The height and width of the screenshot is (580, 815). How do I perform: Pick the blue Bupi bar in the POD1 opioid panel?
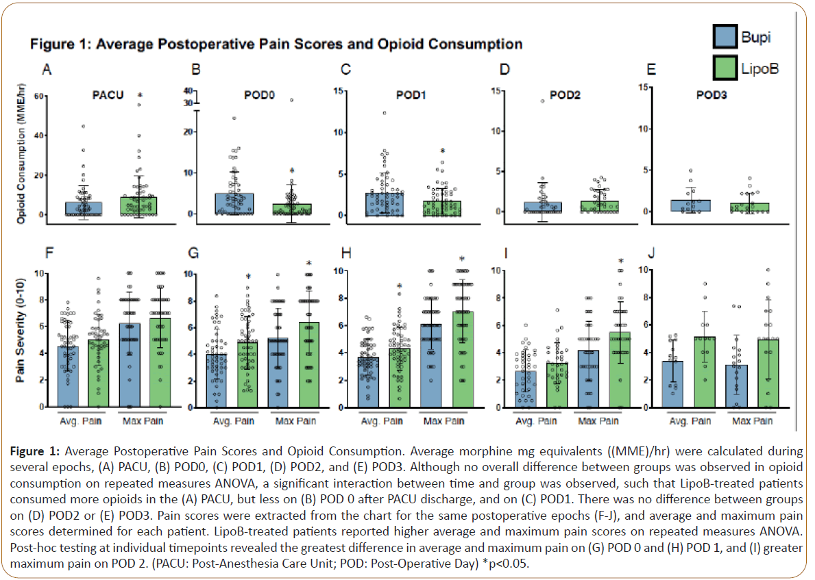[384, 205]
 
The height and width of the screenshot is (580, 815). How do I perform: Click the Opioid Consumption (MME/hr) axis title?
[22, 160]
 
